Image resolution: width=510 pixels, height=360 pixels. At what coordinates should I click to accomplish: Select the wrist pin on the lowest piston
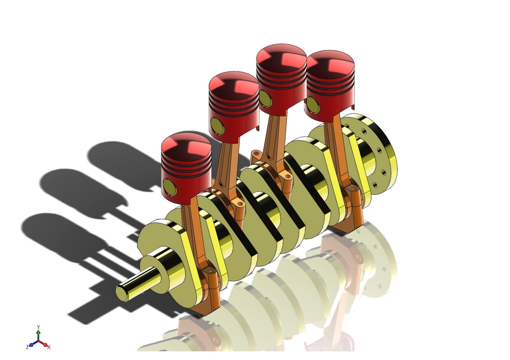[169, 186]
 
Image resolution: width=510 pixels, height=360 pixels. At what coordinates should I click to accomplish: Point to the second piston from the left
[234, 106]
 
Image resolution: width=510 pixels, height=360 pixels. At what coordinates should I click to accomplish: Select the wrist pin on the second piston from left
[217, 125]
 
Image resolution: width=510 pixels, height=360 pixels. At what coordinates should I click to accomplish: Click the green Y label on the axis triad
[38, 328]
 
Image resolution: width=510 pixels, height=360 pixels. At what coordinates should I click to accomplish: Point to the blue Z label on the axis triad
[27, 346]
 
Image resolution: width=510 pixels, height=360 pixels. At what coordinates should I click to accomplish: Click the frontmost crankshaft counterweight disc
[159, 250]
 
